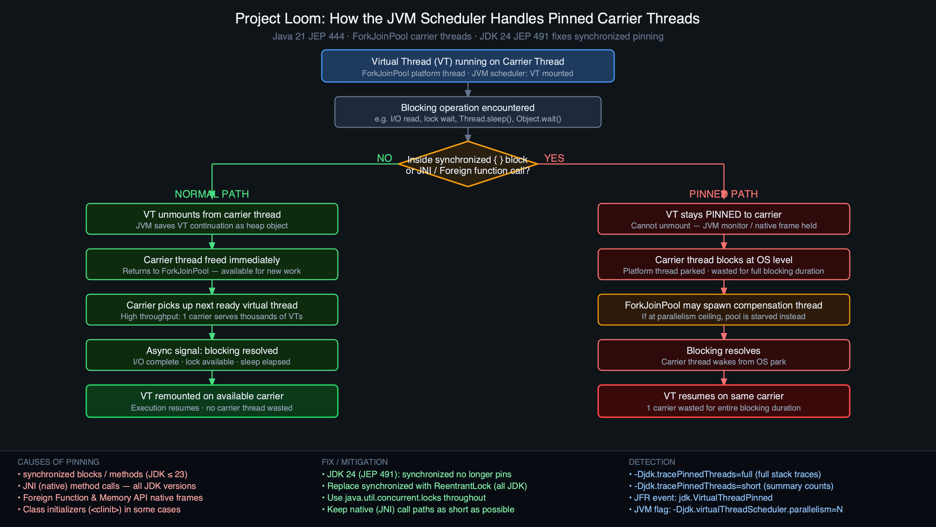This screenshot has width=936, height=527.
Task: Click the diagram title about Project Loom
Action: tap(467, 19)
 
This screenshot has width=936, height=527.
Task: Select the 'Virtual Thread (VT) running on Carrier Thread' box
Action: tap(468, 66)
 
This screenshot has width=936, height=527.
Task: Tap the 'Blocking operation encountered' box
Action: tap(468, 112)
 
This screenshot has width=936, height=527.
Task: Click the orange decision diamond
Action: tap(468, 164)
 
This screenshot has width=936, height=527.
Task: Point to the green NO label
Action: tap(384, 158)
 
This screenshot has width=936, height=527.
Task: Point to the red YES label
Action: tap(554, 158)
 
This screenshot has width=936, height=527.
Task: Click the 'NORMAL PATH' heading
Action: tap(212, 194)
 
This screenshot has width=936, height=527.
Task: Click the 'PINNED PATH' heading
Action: tap(723, 194)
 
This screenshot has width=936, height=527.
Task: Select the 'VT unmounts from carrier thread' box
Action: tap(212, 219)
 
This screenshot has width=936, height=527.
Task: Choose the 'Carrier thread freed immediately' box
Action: tap(212, 264)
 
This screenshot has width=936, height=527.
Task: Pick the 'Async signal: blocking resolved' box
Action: tap(212, 355)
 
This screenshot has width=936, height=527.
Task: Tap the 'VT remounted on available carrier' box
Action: tap(212, 401)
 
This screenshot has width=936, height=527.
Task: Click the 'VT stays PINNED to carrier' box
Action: tap(724, 219)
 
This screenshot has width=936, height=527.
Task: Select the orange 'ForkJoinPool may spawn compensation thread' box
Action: tap(724, 310)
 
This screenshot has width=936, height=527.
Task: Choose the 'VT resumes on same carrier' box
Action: tap(724, 401)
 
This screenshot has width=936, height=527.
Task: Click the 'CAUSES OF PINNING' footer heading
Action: tap(58, 462)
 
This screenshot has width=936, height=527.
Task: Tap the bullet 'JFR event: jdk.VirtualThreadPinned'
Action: tap(703, 498)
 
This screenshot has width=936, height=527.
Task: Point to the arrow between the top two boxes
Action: tap(468, 90)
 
